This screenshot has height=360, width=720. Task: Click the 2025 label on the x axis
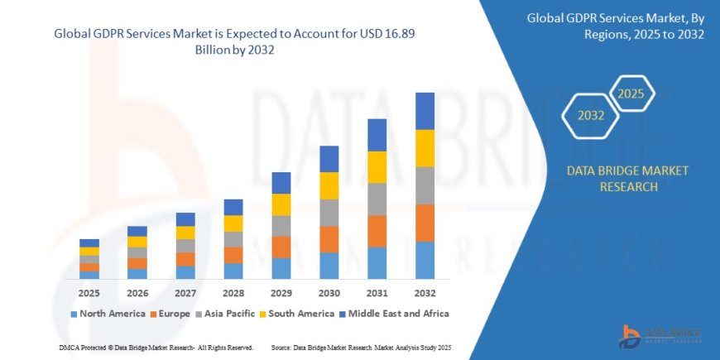[x=89, y=293]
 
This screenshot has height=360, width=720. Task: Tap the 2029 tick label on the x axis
[x=281, y=293]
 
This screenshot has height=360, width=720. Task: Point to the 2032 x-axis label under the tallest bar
[x=425, y=293]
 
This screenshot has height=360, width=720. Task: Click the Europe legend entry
[x=170, y=314]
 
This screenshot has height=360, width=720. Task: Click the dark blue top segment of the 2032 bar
[x=425, y=111]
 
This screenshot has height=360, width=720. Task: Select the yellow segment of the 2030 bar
[x=329, y=185]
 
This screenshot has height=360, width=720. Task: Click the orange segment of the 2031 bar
[x=377, y=231]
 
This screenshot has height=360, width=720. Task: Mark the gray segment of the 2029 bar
[x=281, y=226]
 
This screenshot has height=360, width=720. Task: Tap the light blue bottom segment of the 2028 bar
[x=233, y=271]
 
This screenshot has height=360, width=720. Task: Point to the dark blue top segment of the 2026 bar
[x=137, y=231]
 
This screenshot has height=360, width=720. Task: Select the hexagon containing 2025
[x=631, y=92]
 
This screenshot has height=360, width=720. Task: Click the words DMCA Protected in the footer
[x=86, y=347]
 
